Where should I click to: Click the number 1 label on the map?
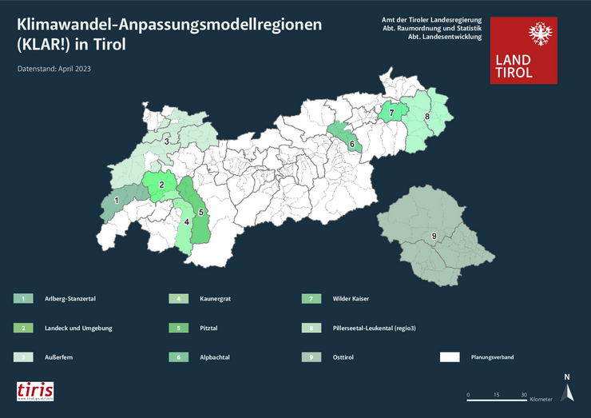(x=117, y=201)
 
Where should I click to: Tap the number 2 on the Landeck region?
(x=162, y=185)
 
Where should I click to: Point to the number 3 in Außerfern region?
(x=166, y=141)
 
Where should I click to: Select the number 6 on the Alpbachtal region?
(x=352, y=145)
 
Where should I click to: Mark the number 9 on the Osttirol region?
(x=434, y=236)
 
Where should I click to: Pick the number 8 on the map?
(x=427, y=117)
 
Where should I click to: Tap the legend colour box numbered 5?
(x=178, y=328)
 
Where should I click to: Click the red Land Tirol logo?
(x=524, y=50)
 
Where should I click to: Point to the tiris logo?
(x=36, y=391)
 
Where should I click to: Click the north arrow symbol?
(x=567, y=390)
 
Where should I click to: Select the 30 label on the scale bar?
(x=524, y=395)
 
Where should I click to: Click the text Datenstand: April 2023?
(x=54, y=70)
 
